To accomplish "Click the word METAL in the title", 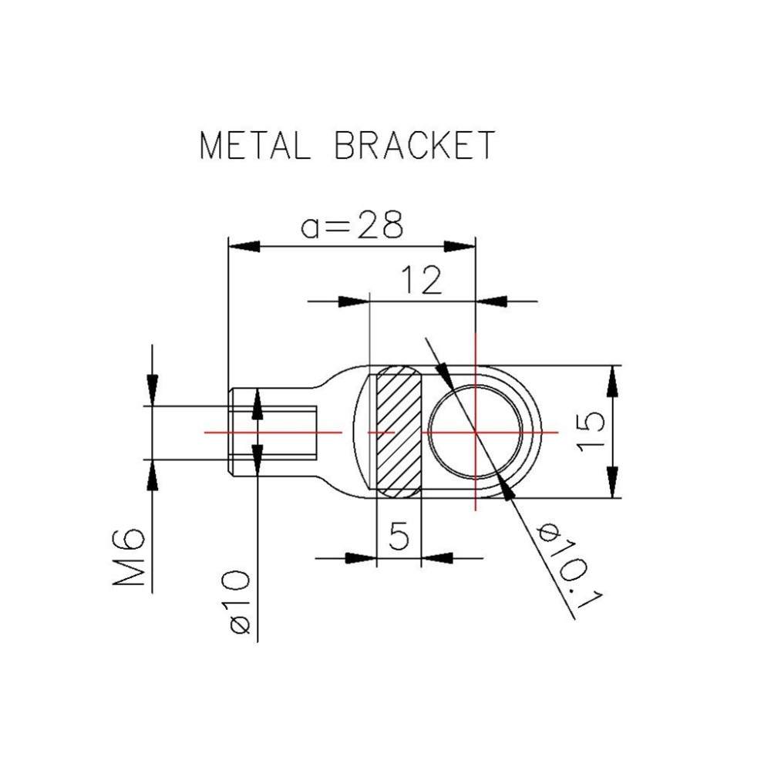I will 254,145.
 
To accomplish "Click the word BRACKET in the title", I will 414,145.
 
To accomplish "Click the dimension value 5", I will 399,536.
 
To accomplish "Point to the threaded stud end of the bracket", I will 274,433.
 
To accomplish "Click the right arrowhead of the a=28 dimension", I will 460,246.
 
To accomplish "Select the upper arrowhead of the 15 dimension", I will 613,381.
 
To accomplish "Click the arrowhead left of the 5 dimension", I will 359,557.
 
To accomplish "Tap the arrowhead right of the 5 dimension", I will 438,557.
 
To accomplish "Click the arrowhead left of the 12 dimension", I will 354,301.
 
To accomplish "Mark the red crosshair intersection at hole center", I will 476,433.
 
